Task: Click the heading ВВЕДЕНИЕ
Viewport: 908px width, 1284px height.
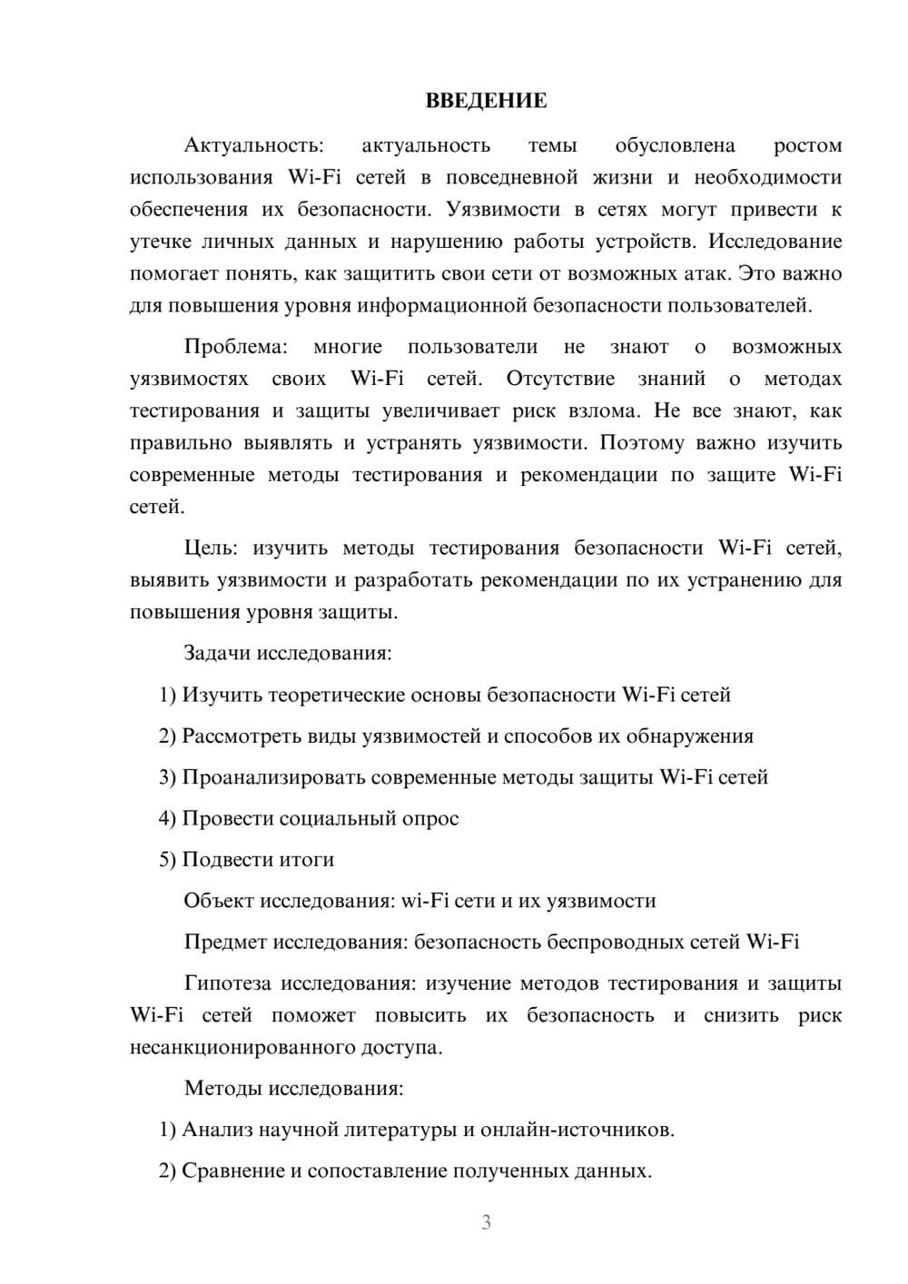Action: (486, 101)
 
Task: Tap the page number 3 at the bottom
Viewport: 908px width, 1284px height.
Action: (486, 1222)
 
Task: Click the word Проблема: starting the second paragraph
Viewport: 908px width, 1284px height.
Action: (235, 347)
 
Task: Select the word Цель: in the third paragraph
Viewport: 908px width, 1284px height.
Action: (212, 548)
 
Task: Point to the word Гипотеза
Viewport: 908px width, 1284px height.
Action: (227, 983)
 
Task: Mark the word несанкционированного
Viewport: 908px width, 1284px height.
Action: (242, 1047)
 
